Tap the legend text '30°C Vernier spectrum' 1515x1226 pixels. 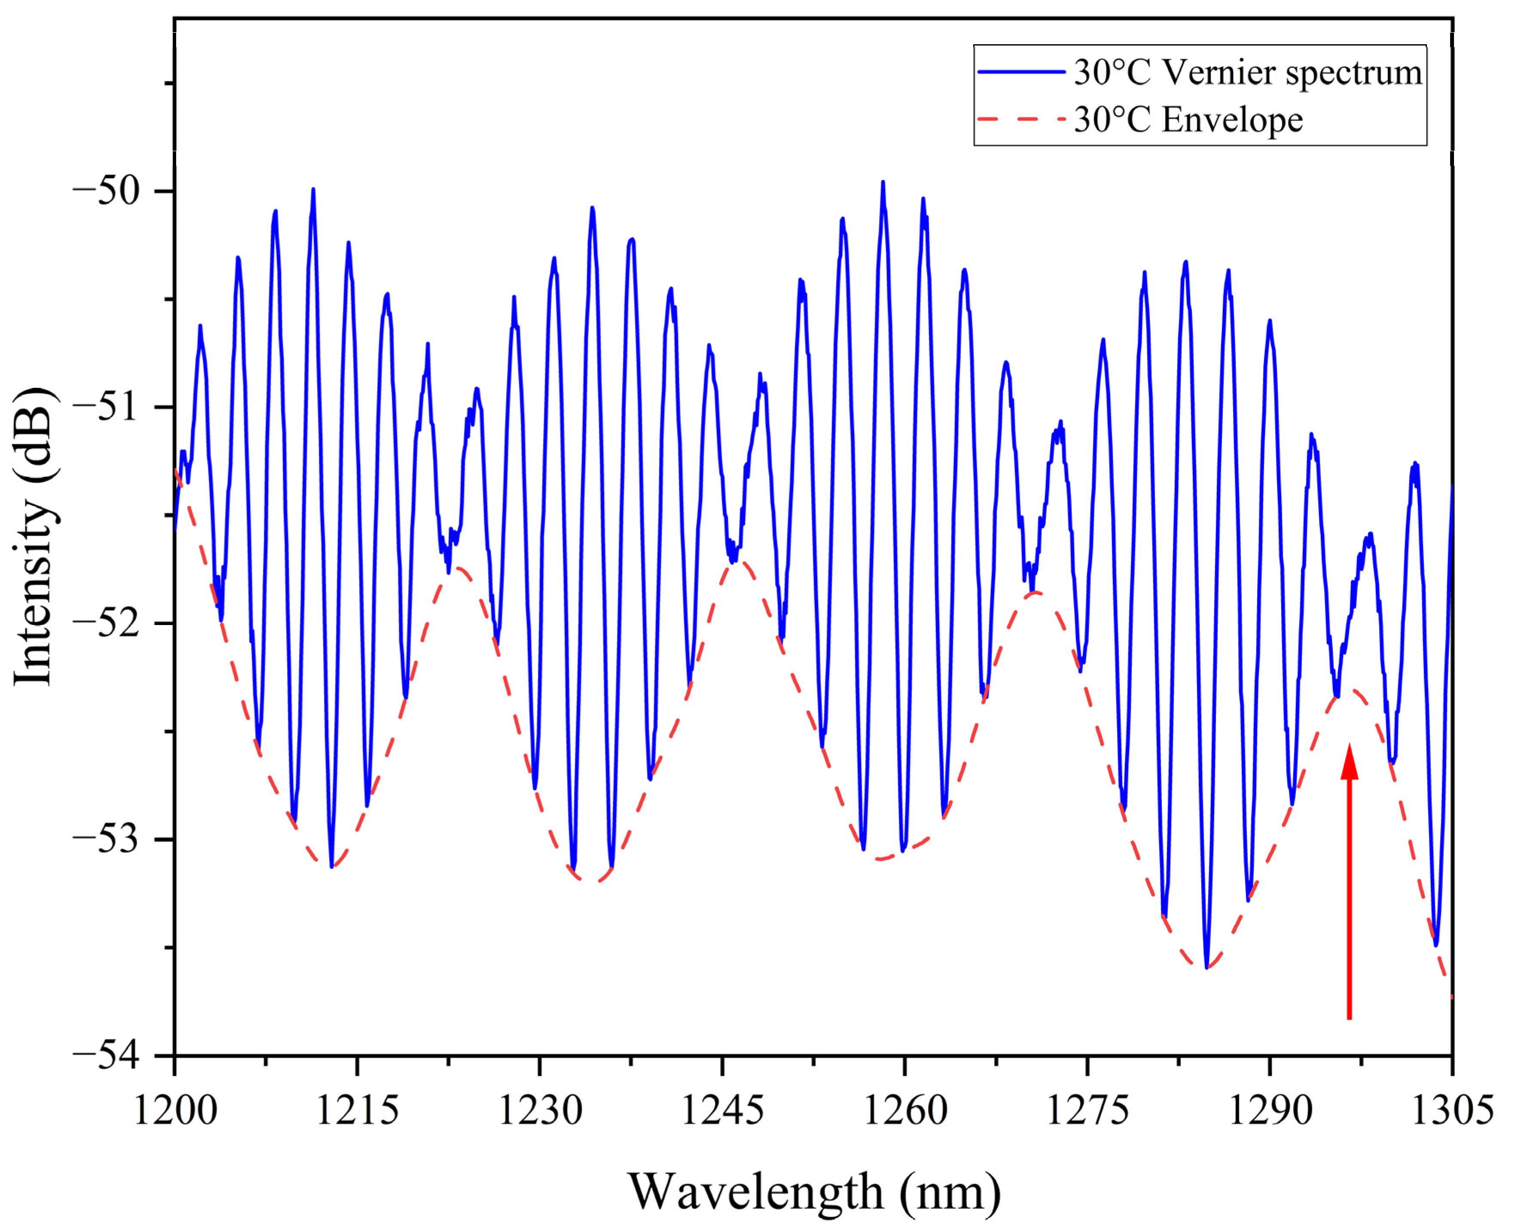click(x=1247, y=72)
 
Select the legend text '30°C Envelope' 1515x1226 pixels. click(x=1188, y=119)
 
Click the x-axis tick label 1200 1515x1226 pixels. click(x=174, y=1110)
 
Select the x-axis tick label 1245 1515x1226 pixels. click(x=722, y=1110)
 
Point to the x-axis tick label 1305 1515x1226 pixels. click(x=1451, y=1110)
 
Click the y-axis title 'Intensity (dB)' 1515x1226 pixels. click(x=34, y=537)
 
